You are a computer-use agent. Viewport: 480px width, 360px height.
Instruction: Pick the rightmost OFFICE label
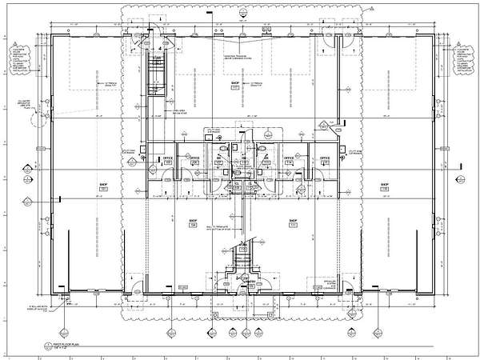[x=325, y=159]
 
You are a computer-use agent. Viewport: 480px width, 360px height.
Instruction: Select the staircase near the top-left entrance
[x=158, y=74]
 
